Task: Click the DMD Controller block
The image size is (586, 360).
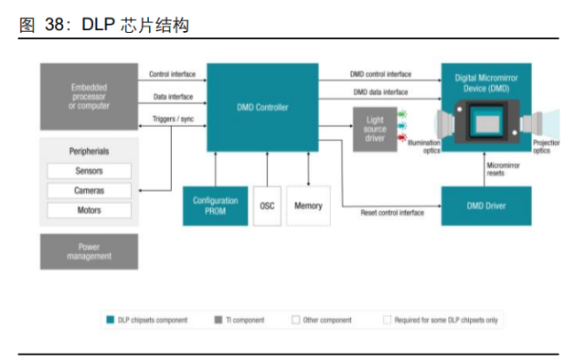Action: pos(261,108)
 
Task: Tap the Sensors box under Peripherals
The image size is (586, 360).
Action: pos(89,171)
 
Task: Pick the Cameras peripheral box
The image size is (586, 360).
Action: pos(89,190)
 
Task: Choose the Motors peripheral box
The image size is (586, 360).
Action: pos(89,210)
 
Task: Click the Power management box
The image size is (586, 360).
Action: pos(89,251)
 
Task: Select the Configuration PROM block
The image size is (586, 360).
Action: pos(215,206)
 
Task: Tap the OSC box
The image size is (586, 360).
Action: pos(267,206)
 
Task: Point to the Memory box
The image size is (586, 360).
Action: pos(308,206)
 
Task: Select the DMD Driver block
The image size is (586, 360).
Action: pos(485,206)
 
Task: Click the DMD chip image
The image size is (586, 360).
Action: pos(486,122)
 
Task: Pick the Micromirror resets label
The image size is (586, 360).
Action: pos(502,168)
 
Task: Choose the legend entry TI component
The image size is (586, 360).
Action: pos(242,320)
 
